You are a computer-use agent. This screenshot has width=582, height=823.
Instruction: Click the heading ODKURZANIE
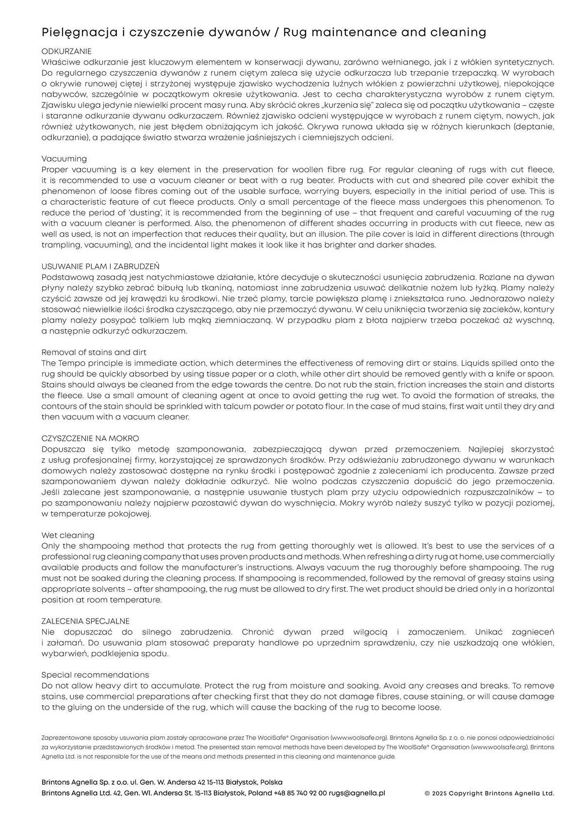(x=66, y=51)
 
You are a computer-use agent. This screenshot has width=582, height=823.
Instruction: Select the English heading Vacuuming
(x=64, y=159)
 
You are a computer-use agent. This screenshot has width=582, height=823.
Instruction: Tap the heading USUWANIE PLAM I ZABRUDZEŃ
(x=100, y=266)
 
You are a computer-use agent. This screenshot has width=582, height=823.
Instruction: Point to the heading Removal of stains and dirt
(x=94, y=352)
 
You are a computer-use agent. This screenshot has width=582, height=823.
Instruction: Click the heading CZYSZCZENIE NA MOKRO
(x=90, y=438)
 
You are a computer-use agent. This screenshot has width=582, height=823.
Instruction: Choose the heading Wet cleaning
(x=68, y=535)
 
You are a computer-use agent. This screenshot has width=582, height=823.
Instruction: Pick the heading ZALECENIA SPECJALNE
(x=86, y=621)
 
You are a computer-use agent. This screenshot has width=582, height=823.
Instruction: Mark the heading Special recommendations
(x=95, y=675)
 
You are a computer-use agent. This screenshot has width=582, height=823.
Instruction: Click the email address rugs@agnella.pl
(x=357, y=793)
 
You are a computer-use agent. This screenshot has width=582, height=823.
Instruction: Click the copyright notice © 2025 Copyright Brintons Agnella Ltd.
(x=489, y=793)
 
